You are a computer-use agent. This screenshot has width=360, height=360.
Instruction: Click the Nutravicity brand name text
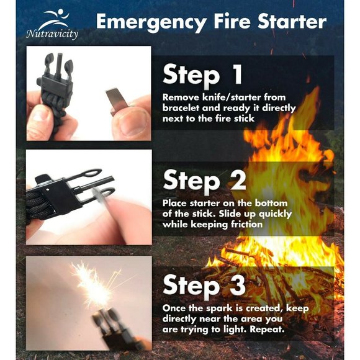[52, 34]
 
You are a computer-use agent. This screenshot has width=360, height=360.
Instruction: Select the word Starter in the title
[292, 22]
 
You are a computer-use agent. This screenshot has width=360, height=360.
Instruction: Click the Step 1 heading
[202, 74]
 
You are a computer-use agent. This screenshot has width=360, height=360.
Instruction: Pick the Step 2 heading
[204, 180]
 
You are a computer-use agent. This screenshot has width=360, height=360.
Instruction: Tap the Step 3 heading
[204, 285]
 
